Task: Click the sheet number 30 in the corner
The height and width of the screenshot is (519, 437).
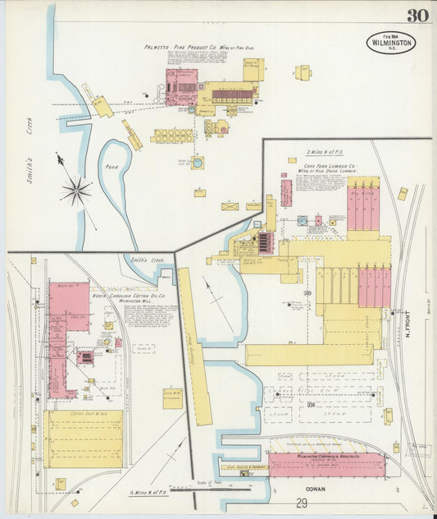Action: tap(416, 16)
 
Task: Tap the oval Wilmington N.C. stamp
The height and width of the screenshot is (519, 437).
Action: tap(391, 42)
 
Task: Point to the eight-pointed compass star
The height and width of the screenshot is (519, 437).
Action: tap(75, 192)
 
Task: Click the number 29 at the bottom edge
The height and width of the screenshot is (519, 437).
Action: tap(302, 503)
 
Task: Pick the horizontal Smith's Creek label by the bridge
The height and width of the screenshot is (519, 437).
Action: tap(148, 259)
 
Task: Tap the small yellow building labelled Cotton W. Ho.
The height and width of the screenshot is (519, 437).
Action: tap(173, 398)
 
